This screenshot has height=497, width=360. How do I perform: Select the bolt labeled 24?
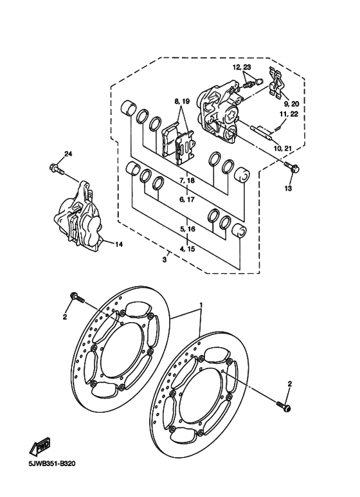tap(55, 169)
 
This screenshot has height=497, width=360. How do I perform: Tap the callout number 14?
tap(118, 244)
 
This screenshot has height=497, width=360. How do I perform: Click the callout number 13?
tap(288, 188)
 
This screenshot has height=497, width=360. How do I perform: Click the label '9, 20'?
tap(291, 104)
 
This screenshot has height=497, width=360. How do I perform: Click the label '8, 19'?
tap(181, 102)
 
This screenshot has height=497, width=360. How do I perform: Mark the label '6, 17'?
tap(187, 200)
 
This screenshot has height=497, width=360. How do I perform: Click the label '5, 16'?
tap(187, 229)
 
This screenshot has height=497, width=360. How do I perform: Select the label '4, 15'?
tap(187, 248)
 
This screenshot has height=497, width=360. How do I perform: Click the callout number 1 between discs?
tap(201, 304)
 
